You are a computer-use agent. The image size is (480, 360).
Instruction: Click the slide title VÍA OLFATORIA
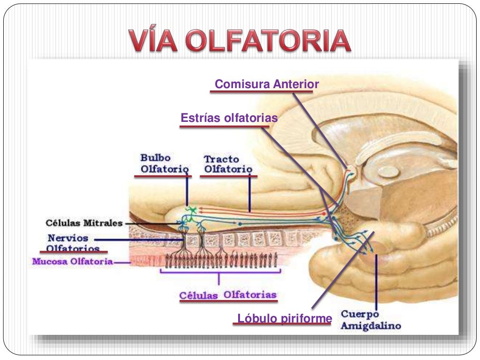coord(240,41)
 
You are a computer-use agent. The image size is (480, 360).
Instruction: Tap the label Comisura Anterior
coord(267,84)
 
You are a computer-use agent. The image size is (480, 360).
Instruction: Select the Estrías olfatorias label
coord(229,118)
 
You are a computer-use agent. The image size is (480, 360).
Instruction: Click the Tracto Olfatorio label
coord(228,164)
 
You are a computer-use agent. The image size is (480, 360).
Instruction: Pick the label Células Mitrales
coord(84,223)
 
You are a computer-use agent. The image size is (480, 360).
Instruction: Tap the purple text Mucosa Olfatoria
coord(73,262)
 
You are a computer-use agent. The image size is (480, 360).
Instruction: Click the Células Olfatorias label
coord(228,295)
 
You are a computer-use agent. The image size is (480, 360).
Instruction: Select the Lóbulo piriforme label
coord(285,319)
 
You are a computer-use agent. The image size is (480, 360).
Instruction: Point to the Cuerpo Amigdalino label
coord(370,319)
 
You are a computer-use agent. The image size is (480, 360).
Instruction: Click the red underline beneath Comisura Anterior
coord(261,92)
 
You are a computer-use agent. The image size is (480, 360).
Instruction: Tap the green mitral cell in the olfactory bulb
coord(190,210)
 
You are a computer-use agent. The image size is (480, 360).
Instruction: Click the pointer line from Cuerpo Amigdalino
coord(376,281)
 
